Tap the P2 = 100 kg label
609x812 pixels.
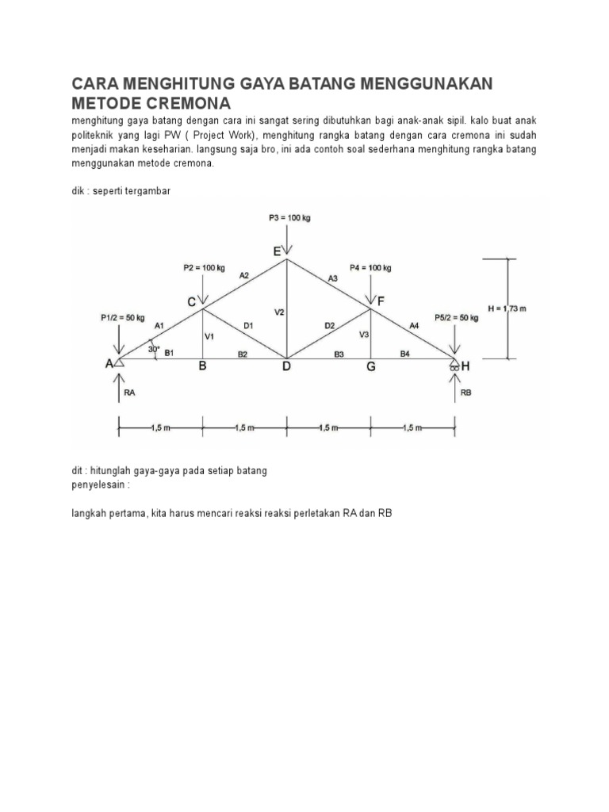tap(204, 268)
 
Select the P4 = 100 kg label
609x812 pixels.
tap(370, 268)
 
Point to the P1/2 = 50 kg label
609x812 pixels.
tap(123, 318)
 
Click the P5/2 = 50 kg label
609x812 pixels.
tap(457, 318)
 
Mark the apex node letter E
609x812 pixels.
tap(277, 251)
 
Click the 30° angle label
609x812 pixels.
tap(154, 348)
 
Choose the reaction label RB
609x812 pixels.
tap(466, 391)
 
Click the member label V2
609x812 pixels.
tap(279, 312)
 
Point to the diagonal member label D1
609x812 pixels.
tap(248, 325)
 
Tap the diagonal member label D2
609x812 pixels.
tap(331, 325)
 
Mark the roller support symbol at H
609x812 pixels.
tap(454, 366)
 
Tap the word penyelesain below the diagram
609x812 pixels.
tap(100, 483)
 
